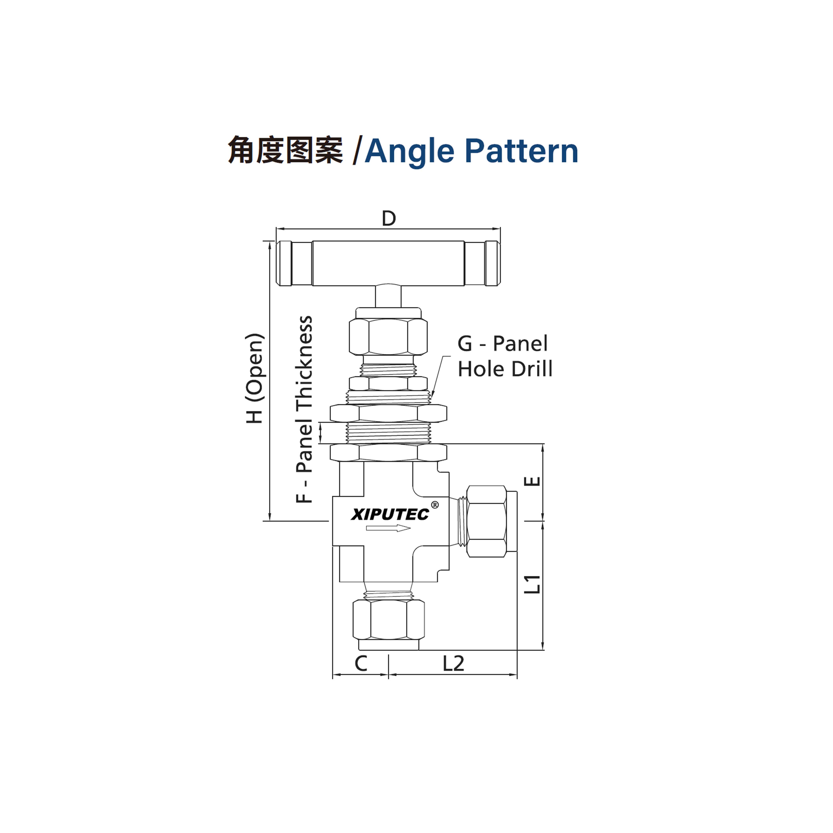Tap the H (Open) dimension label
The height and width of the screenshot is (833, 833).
[x=254, y=378]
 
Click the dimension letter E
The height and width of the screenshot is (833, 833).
[x=534, y=481]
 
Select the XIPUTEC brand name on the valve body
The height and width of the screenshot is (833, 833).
[x=390, y=514]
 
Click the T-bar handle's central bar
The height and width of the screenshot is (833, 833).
[x=388, y=263]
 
